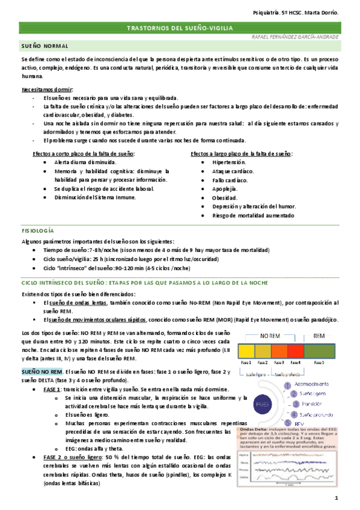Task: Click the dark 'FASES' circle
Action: tap(263, 405)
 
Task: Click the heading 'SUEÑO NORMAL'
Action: tap(44, 46)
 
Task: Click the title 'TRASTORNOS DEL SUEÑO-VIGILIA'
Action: tap(180, 28)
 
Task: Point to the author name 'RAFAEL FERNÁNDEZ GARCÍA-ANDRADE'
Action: tap(294, 37)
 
